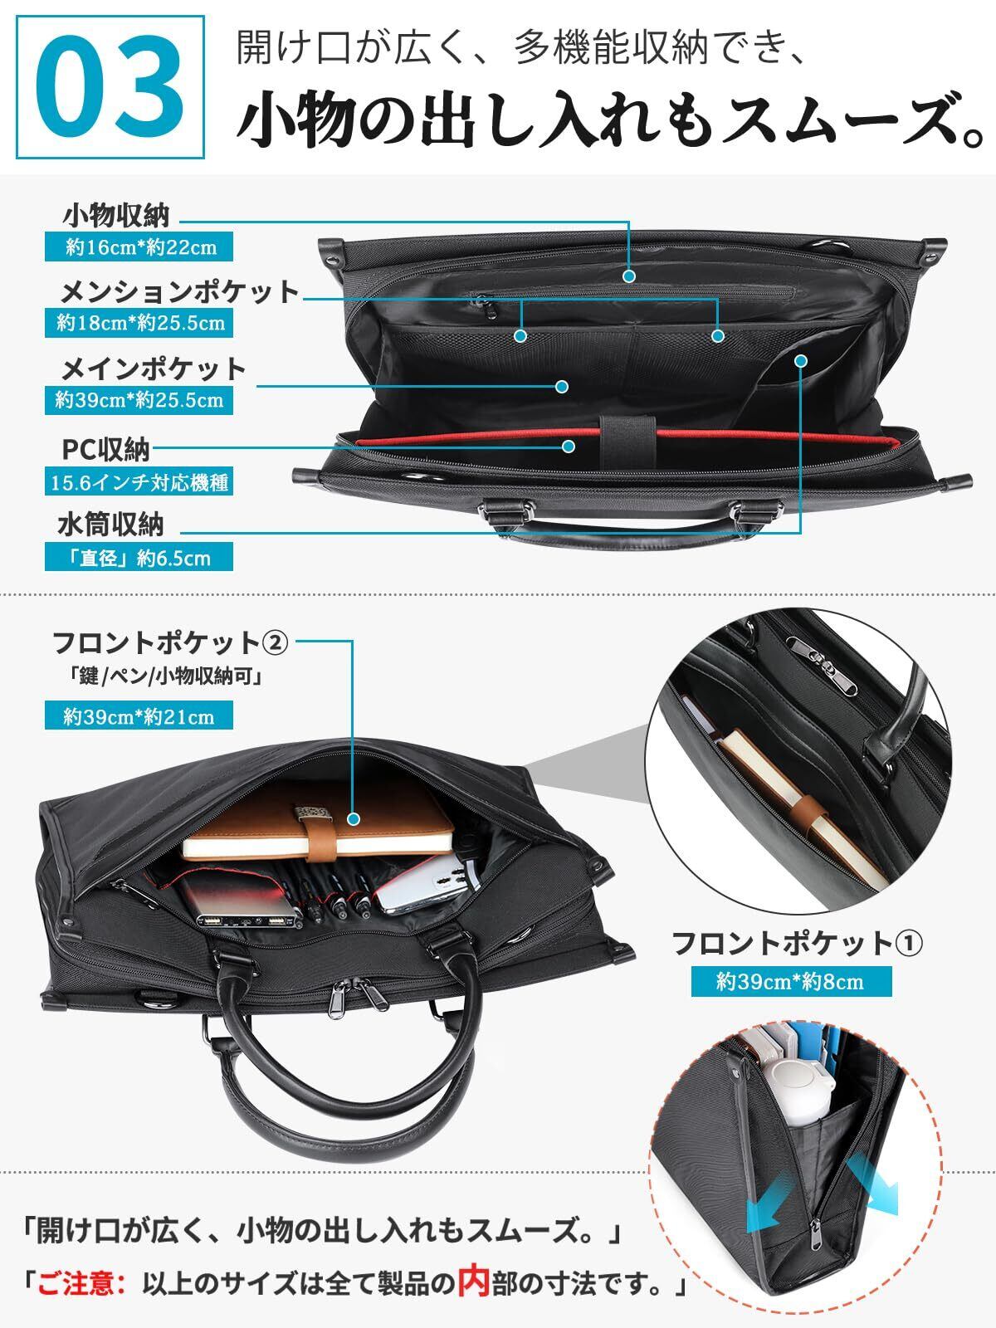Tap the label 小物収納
point(116,216)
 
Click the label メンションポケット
point(179,292)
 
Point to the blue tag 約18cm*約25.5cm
point(140,323)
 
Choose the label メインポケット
point(154,369)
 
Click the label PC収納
point(106,450)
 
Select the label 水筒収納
point(111,525)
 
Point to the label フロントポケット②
point(170,642)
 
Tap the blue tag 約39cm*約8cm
point(790,982)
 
